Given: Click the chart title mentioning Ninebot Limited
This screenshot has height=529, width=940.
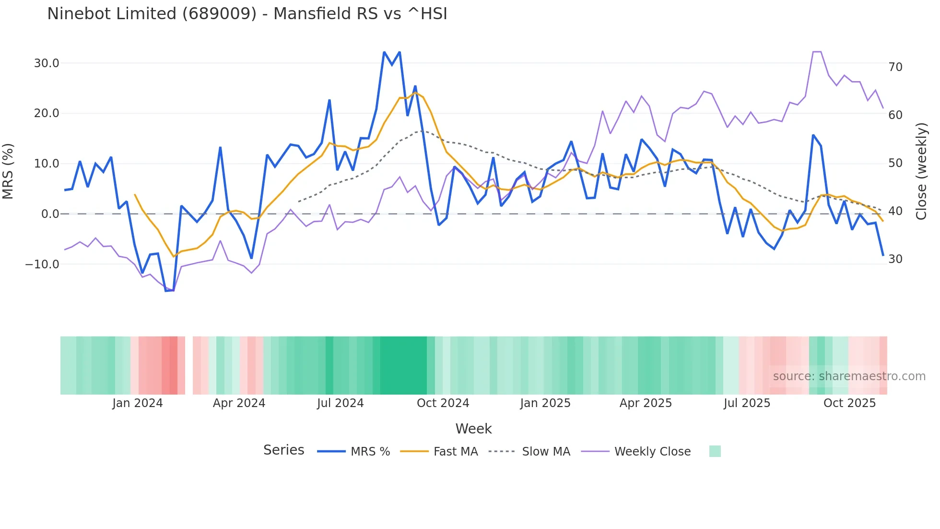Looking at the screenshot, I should (x=247, y=14).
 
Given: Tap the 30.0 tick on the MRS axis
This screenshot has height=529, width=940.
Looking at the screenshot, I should (x=47, y=63).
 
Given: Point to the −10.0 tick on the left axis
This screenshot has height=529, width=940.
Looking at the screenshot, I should (x=42, y=264).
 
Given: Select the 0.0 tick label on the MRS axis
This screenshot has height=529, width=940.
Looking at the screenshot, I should (x=50, y=214).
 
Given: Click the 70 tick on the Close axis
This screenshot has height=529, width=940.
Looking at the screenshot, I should (x=895, y=67).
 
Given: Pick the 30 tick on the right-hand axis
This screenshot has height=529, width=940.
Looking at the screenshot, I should (x=895, y=259).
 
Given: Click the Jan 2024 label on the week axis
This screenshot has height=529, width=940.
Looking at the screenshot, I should (x=138, y=403).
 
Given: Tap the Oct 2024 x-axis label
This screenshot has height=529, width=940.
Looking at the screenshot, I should (x=443, y=403).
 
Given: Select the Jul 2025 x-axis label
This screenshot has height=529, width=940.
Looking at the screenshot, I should (x=747, y=403).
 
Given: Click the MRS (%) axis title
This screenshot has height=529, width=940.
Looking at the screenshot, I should (x=8, y=171).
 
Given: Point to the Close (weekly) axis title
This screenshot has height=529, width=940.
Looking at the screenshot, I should (x=921, y=171).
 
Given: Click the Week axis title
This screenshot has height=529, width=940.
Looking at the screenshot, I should (x=473, y=429).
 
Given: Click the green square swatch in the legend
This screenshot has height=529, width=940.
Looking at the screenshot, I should (x=715, y=452).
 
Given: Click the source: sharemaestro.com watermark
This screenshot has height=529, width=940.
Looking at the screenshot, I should (x=849, y=376).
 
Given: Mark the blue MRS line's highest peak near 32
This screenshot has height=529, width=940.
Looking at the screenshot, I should (x=385, y=52).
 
